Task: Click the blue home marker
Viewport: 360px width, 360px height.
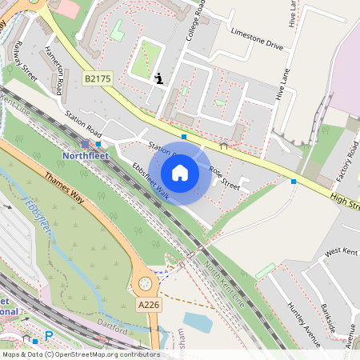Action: click(x=180, y=172)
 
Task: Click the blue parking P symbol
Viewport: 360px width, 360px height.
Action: click(x=49, y=336)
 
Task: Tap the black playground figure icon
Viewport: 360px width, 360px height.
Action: click(x=159, y=78)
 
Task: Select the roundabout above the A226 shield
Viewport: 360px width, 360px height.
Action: click(x=146, y=282)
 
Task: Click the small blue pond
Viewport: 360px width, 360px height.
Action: click(x=197, y=322)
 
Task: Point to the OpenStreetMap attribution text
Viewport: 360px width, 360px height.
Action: click(x=80, y=354)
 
